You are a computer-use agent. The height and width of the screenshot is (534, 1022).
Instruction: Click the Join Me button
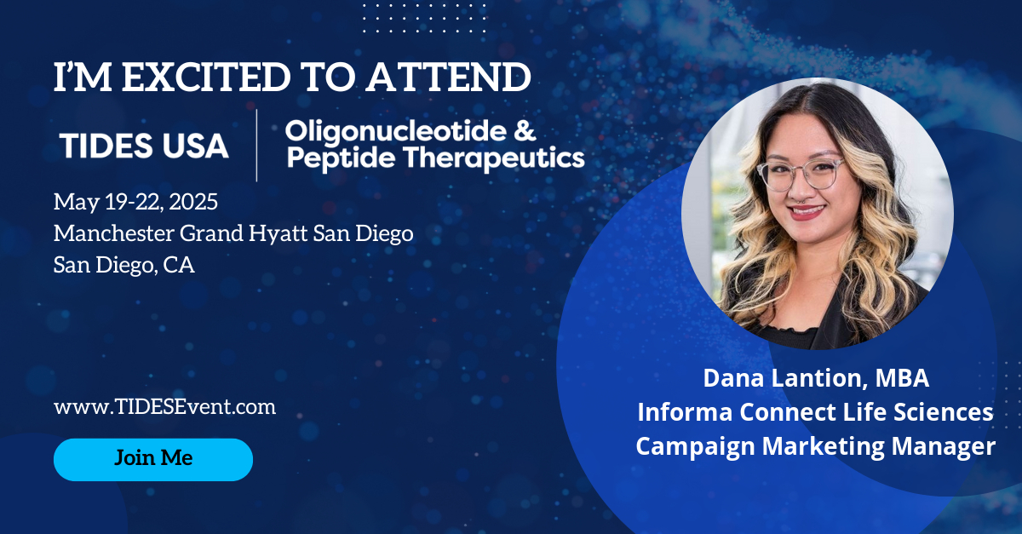(x=153, y=459)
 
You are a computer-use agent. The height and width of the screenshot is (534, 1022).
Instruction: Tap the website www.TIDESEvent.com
(x=164, y=406)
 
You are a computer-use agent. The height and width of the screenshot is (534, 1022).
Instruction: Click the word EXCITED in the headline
(x=206, y=77)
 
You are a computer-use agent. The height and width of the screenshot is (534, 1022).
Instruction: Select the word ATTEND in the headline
(x=450, y=77)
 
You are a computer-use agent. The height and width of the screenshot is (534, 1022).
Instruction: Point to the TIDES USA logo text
(x=144, y=146)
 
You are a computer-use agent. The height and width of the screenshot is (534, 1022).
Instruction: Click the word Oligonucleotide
(x=395, y=130)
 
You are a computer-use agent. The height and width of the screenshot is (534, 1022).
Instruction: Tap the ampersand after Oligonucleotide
(x=525, y=130)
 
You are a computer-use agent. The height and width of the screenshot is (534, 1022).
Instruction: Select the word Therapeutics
(x=494, y=158)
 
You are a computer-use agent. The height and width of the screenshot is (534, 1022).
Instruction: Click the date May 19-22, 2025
(x=135, y=202)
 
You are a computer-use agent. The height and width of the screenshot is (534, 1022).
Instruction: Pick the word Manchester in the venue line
(x=114, y=233)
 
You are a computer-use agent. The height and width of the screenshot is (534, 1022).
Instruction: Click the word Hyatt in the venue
(x=278, y=234)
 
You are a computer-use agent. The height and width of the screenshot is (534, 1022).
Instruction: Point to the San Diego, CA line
(x=124, y=265)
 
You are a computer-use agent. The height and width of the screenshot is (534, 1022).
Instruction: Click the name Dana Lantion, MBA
(x=816, y=379)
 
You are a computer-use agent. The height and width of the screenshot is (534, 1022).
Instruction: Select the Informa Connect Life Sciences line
(x=815, y=412)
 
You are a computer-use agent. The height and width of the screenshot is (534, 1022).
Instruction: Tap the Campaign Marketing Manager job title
(x=815, y=446)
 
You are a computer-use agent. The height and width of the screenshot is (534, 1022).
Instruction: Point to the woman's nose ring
(x=802, y=199)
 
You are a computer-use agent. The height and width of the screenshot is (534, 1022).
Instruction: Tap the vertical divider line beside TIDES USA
(x=256, y=146)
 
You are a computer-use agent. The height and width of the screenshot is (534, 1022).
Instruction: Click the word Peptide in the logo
(x=341, y=158)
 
